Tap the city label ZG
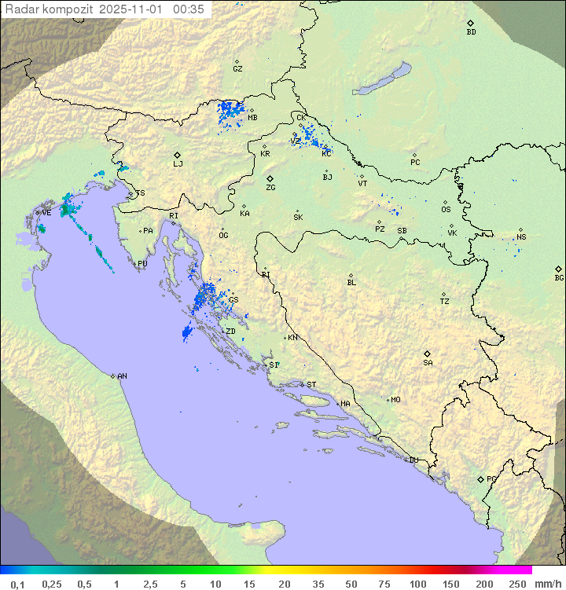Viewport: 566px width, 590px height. (x=270, y=188)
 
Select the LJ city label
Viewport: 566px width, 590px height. (x=178, y=164)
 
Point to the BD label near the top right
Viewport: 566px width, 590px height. (x=471, y=32)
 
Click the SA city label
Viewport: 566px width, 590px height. (x=428, y=363)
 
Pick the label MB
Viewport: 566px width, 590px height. (x=252, y=119)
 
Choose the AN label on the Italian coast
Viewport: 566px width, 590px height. (x=122, y=376)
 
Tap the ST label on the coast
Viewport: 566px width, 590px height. (x=311, y=385)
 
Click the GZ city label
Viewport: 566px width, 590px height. (x=237, y=69)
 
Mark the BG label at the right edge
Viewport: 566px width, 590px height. (x=559, y=277)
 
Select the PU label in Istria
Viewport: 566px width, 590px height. (x=142, y=264)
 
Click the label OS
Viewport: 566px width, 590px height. (x=446, y=210)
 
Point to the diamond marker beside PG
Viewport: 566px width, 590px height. (x=480, y=478)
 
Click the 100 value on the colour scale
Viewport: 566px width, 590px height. (x=417, y=584)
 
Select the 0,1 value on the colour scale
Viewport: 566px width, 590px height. (x=17, y=584)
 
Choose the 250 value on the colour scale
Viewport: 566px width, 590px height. (x=517, y=584)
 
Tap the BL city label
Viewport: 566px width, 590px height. (x=351, y=283)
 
